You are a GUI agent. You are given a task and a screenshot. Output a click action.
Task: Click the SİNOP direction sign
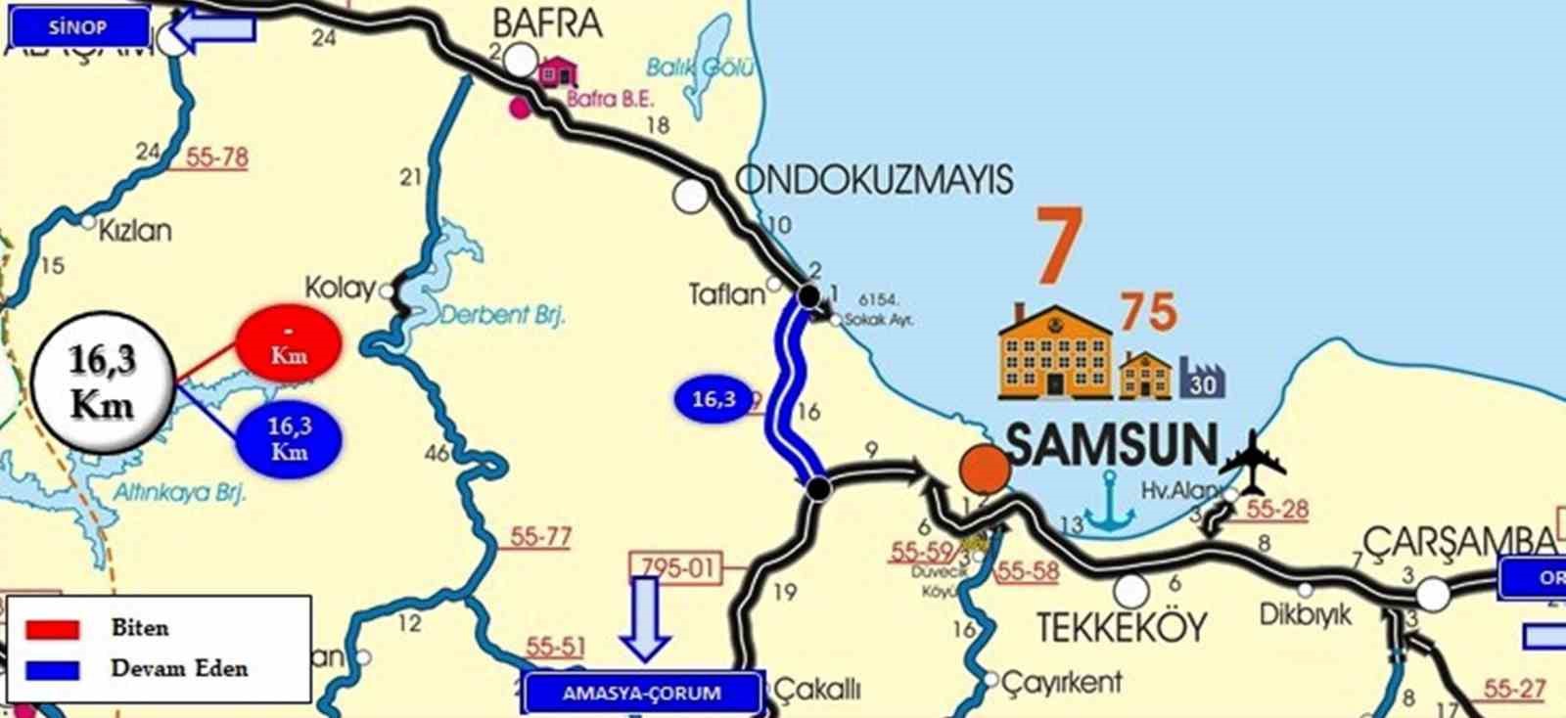point(77,27)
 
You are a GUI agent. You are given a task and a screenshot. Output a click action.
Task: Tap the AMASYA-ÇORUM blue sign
point(641,693)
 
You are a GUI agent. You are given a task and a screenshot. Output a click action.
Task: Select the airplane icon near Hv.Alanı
point(1252,461)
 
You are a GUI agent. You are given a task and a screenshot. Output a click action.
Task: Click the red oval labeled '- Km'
point(289,342)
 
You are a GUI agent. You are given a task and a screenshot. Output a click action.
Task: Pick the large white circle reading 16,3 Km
point(102,382)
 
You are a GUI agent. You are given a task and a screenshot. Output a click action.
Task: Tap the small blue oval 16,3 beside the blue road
point(714,399)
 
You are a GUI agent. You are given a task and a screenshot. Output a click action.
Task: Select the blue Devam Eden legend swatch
point(52,670)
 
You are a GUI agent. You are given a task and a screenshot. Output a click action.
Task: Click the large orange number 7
point(1060,245)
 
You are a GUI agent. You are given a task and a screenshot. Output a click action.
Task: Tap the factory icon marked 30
point(1202,378)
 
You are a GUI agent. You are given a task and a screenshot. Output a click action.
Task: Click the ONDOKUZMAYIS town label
point(874,180)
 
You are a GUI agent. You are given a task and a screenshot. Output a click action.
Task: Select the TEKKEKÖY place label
point(1122,627)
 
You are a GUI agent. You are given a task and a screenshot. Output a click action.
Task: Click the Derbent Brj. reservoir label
point(502,315)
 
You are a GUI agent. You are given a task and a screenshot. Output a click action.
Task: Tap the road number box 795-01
point(679,566)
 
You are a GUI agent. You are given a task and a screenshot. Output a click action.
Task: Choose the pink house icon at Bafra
point(558,70)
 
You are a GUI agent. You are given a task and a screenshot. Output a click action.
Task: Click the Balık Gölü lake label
point(700,67)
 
